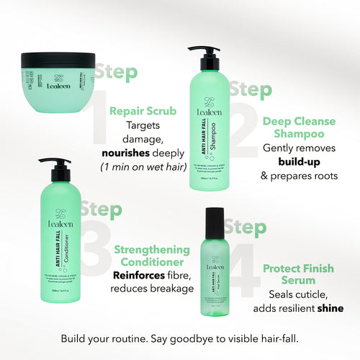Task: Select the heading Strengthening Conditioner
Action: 153,256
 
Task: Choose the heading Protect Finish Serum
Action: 297,274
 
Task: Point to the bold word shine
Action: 328,308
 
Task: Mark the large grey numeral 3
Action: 93,245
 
